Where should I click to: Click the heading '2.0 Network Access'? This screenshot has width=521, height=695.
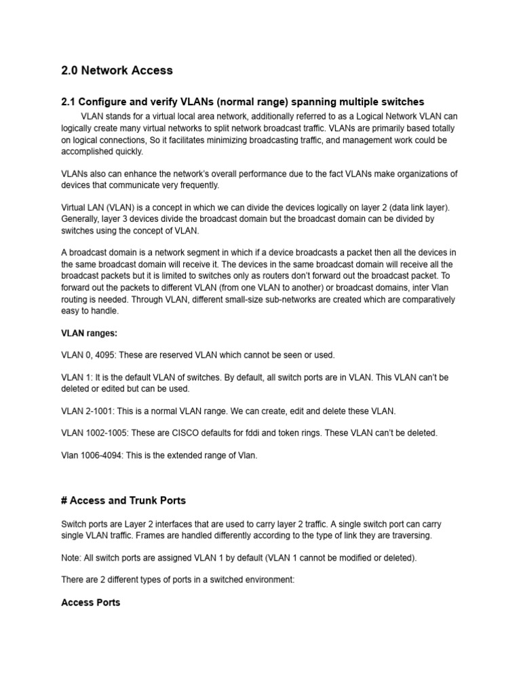pos(117,70)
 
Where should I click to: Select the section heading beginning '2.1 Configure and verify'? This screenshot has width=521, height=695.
pos(242,102)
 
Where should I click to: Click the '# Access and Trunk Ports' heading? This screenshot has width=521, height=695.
pos(123,500)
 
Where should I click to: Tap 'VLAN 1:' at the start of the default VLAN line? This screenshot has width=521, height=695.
pos(77,377)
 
